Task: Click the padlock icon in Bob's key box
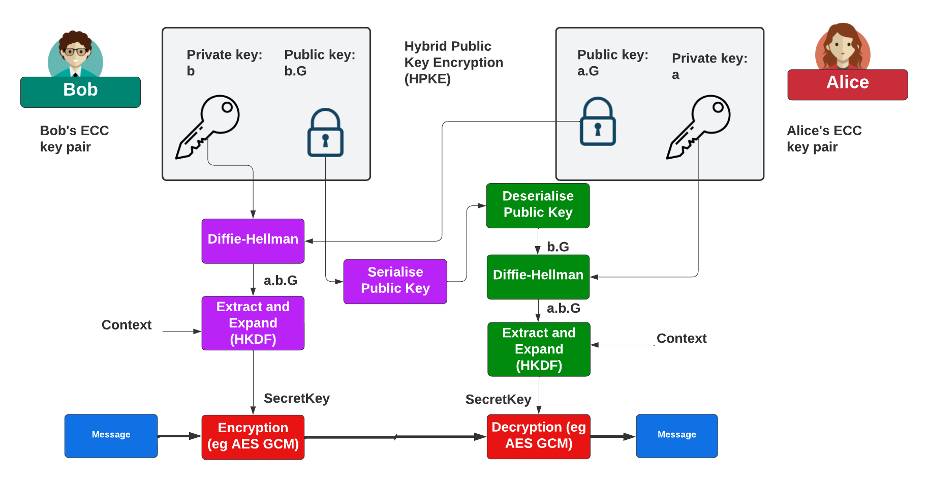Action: click(325, 133)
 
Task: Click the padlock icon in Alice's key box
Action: click(598, 122)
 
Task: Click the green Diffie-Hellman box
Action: click(538, 277)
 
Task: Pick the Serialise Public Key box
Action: click(395, 281)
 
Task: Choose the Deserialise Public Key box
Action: click(538, 205)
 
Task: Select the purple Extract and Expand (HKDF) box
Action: click(253, 323)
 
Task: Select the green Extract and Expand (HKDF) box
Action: click(539, 349)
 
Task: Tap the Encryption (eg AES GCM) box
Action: click(253, 437)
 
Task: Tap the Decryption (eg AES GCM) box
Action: click(539, 436)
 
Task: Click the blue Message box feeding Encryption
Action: click(111, 436)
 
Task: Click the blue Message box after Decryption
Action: click(676, 436)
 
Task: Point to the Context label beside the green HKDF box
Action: click(682, 339)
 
